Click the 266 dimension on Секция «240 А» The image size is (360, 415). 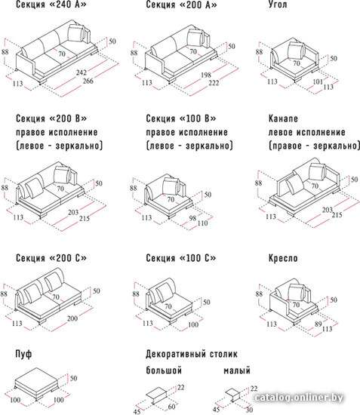coord(88,81)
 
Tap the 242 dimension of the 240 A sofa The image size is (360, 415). coord(82,72)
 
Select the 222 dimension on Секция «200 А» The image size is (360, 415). coord(214,83)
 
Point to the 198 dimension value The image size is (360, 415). coord(206,75)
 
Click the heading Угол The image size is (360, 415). coord(278,5)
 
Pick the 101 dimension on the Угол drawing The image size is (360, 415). coord(318,81)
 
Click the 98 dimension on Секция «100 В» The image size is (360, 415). coord(192,218)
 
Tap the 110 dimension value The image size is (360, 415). coord(202,223)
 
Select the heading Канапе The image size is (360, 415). coord(283,118)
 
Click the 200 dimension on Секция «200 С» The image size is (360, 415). coord(72,318)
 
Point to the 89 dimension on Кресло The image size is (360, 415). coord(318,324)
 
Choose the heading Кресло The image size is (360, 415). coord(283,258)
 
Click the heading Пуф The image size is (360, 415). coord(23,354)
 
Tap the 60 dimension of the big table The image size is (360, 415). coord(172,406)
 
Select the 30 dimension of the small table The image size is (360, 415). coord(249,410)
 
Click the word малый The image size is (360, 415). coord(237,370)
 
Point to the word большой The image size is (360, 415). coord(164,370)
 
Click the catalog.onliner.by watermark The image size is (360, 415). coord(298,398)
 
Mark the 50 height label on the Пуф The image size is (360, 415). coord(74,378)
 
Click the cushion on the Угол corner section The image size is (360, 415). coord(296,51)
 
